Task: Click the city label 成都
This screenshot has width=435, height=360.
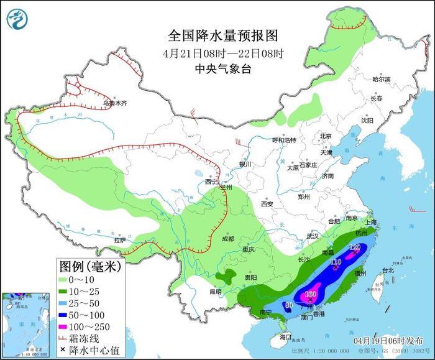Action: point(227,239)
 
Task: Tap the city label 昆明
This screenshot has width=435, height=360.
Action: point(215,291)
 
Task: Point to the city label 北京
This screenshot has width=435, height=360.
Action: point(326,136)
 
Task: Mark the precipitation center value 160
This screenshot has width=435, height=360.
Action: point(311,293)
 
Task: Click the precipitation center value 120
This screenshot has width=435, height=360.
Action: point(355,247)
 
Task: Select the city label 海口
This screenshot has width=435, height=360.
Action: point(285,336)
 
